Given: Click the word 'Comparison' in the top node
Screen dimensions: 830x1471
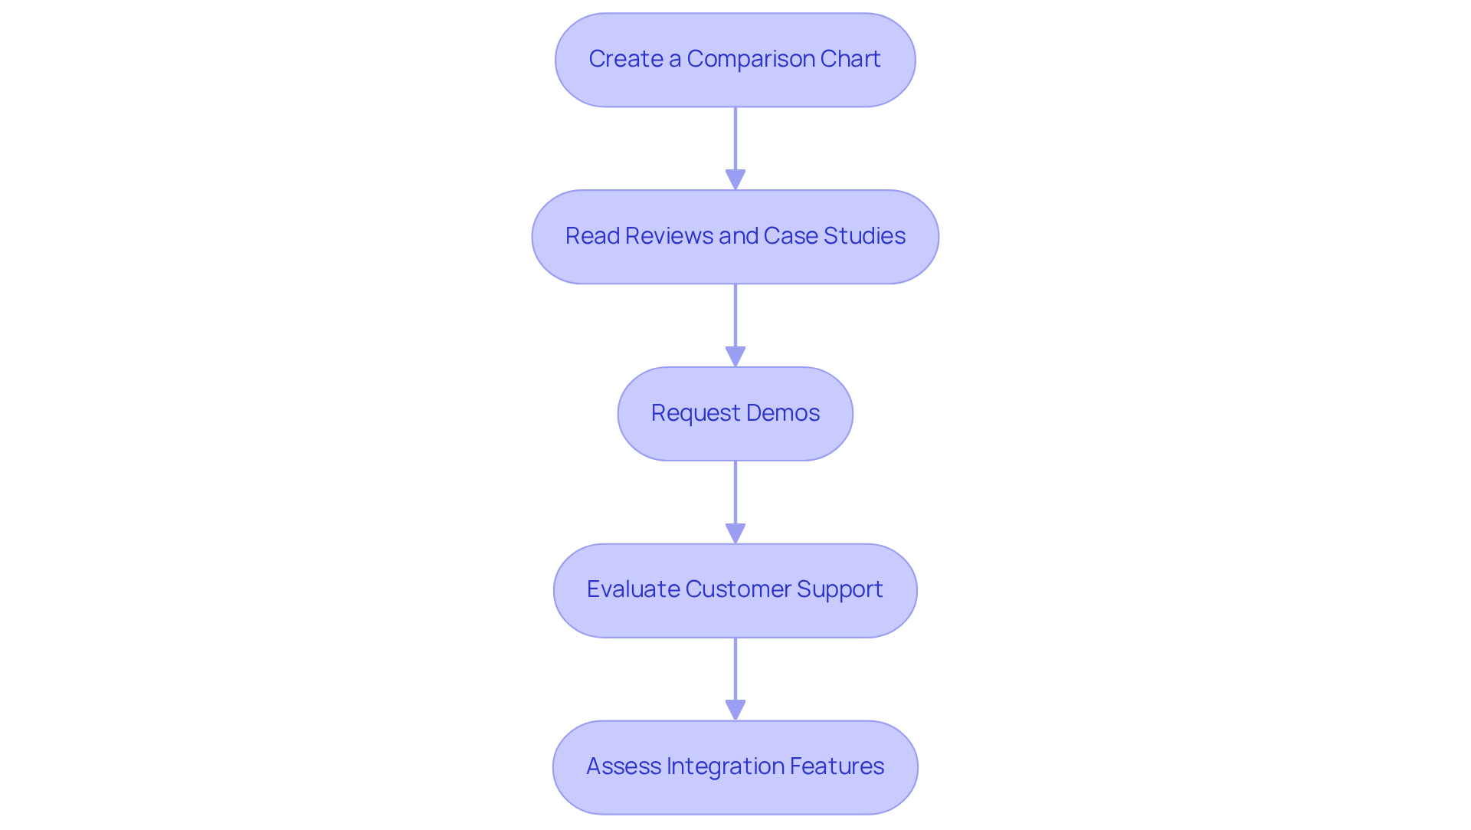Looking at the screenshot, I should click(750, 59).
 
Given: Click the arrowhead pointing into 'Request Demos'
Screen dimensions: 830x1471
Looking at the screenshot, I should click(735, 356).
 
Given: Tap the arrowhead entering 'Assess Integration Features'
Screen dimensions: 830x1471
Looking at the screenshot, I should click(735, 710).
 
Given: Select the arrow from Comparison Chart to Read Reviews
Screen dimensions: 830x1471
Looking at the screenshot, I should click(735, 142).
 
